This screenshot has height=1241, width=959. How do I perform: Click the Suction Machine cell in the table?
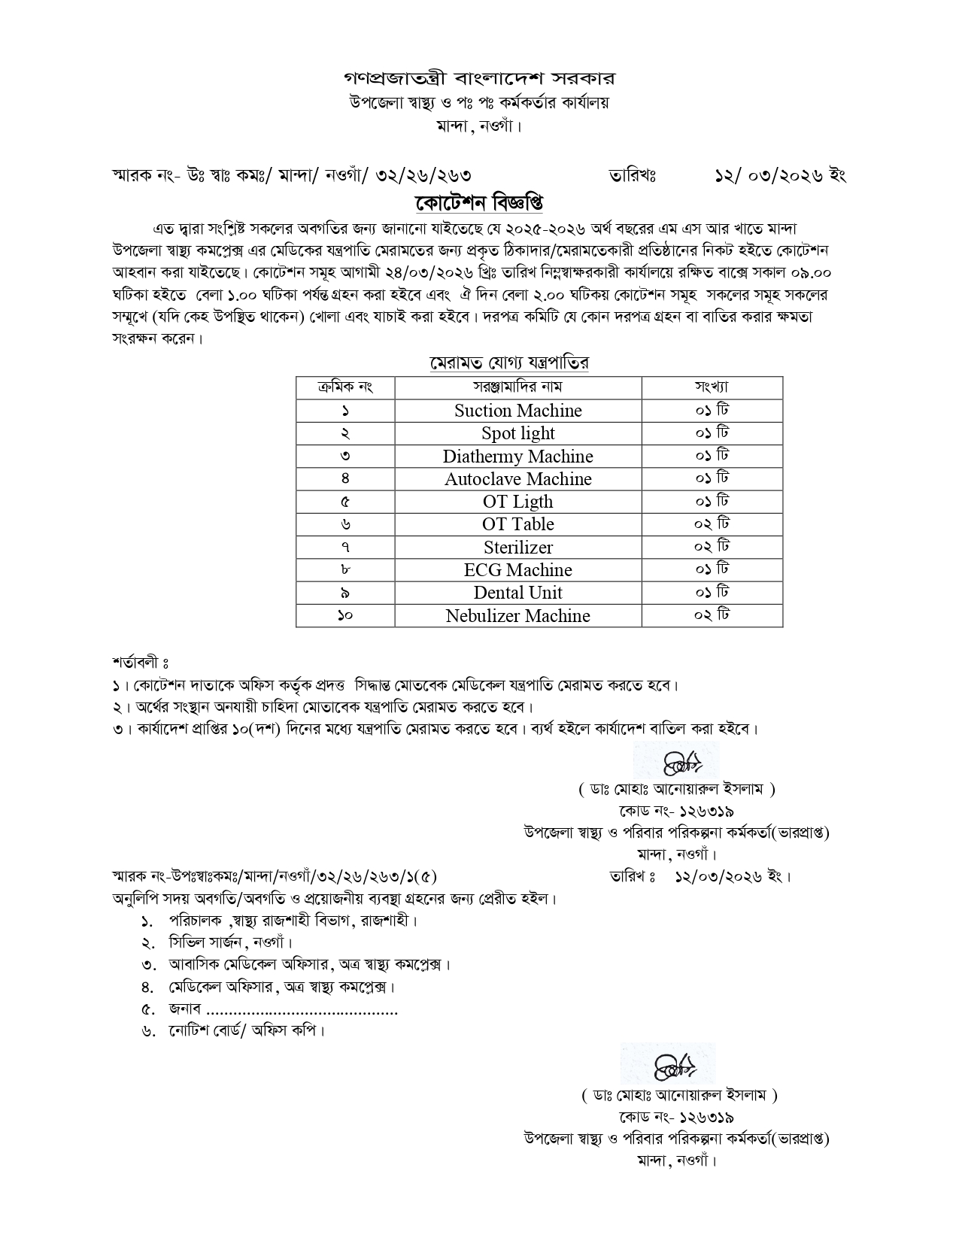(517, 411)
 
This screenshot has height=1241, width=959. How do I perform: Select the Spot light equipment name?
(517, 433)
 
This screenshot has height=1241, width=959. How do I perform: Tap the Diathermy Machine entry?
(517, 457)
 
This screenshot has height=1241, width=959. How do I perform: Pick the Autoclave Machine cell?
(517, 479)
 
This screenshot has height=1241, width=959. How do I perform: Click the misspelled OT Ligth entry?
(517, 502)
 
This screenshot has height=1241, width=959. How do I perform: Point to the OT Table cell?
(517, 524)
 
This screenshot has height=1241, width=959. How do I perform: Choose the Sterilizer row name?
(517, 548)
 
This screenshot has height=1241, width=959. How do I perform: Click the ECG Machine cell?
(517, 570)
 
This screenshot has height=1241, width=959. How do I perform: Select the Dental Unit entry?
(517, 593)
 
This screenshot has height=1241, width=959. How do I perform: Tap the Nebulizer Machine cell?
(517, 616)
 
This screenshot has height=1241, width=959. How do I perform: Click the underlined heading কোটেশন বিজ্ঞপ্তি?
(479, 203)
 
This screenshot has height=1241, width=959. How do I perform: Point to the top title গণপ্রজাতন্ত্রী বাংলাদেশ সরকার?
(479, 78)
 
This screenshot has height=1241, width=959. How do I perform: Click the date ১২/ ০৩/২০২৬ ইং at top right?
(780, 175)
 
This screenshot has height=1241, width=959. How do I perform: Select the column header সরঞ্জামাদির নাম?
(517, 387)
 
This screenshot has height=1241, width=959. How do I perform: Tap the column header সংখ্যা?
(712, 387)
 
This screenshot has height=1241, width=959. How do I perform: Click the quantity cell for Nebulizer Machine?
(712, 615)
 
